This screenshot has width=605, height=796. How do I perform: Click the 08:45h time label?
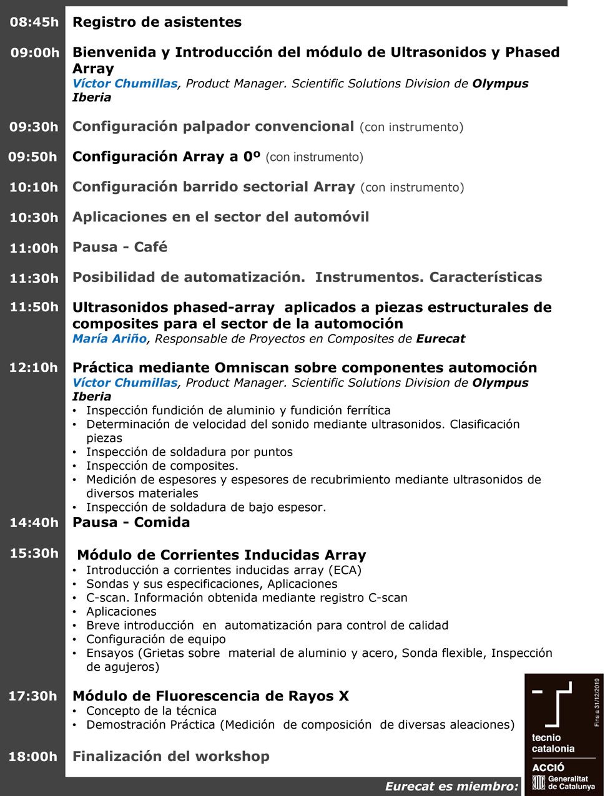point(34,22)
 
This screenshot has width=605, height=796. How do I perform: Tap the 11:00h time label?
point(34,248)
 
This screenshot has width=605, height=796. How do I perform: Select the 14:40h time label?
point(34,523)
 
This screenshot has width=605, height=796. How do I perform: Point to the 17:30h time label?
point(32,696)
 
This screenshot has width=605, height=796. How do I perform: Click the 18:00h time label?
point(32,757)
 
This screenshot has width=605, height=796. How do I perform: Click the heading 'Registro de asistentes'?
point(157,22)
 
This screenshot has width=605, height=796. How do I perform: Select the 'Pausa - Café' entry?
point(120,247)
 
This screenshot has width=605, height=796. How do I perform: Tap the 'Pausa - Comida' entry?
point(131,523)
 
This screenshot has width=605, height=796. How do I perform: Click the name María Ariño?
point(109,339)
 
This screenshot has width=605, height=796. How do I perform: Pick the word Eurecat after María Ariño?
point(440,339)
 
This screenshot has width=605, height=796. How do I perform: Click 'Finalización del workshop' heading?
point(171,756)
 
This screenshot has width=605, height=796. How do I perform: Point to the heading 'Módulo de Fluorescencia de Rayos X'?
point(210,696)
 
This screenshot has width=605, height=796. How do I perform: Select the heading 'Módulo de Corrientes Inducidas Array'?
point(221,555)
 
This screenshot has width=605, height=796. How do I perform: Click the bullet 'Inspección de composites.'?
point(162,466)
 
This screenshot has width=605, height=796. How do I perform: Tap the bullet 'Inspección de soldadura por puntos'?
point(189,452)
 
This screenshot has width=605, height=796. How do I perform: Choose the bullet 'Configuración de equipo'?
point(155,639)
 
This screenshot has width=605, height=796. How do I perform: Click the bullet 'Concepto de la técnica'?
point(151,711)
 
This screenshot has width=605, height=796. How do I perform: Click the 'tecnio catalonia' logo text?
point(553,743)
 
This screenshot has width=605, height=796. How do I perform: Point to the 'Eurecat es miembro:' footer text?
point(451,787)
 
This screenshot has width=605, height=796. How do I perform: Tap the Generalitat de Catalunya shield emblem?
point(538,782)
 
